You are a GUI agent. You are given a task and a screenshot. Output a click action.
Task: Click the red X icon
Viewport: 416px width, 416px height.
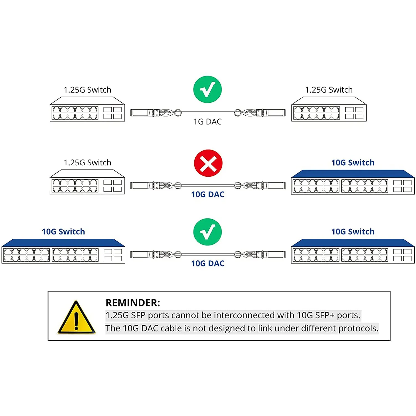coord(208,163)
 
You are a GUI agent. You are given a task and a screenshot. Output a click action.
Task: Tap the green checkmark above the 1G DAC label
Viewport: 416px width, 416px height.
coord(207,90)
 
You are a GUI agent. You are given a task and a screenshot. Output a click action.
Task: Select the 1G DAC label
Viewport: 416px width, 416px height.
coord(207,122)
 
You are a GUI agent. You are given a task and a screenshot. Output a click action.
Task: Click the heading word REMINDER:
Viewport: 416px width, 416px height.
coord(133,303)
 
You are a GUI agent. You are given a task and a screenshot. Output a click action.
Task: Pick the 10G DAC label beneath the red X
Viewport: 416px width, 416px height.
coord(208,194)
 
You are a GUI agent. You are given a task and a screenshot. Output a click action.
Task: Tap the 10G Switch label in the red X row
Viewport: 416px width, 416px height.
coord(353,163)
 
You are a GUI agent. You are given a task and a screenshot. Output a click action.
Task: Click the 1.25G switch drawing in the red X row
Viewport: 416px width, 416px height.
coord(87,182)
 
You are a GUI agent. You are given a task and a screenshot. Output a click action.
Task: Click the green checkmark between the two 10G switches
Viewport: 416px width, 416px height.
coord(207,232)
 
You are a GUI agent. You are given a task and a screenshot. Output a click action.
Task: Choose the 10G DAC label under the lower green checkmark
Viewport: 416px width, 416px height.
coord(208,263)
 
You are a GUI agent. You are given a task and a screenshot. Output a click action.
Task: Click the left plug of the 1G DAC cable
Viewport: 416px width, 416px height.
coord(141,113)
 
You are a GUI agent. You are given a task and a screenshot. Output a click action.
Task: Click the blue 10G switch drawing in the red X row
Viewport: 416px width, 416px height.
coord(353,182)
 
